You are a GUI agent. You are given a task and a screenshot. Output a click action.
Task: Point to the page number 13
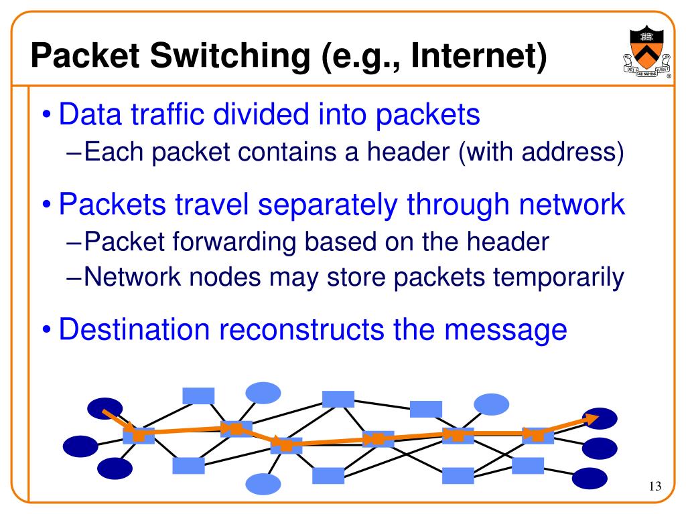point(655,486)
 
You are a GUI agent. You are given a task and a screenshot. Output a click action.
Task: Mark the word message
point(514,329)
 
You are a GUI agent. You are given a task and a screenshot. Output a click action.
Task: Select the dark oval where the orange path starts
point(105,408)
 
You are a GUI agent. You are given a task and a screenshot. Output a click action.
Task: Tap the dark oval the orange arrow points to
point(601,418)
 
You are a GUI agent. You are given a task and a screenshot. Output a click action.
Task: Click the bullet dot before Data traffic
point(46,116)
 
